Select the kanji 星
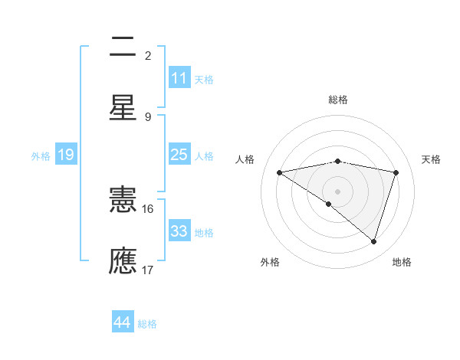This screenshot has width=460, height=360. click(123, 107)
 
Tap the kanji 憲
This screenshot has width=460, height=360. click(123, 201)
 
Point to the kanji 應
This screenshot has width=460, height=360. click(123, 260)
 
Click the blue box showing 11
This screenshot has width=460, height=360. click(179, 78)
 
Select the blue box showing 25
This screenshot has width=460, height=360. click(179, 155)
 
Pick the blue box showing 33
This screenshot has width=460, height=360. click(179, 231)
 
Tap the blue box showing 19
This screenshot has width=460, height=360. click(65, 155)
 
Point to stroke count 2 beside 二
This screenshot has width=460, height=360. click(148, 56)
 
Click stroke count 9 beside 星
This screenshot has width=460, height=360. click(148, 116)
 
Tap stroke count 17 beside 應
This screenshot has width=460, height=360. click(148, 270)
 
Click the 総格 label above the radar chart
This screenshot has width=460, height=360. click(337, 100)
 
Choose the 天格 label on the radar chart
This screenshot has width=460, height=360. click(431, 159)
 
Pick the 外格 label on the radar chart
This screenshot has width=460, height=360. click(270, 262)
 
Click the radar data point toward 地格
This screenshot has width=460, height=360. click(374, 241)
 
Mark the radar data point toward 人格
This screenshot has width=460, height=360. click(279, 172)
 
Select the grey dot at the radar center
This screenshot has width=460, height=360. click(337, 191)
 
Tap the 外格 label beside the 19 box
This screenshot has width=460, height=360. click(41, 156)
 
